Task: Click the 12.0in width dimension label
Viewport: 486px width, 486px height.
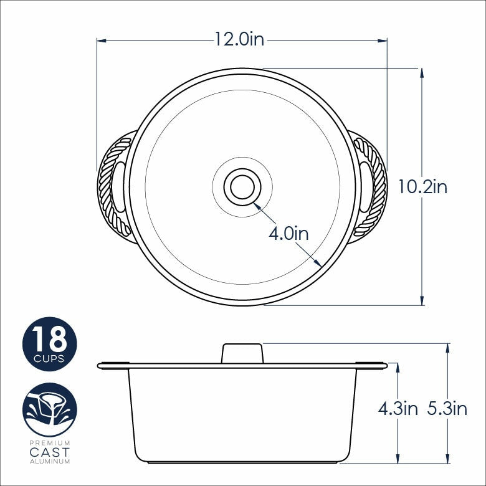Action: tap(240, 40)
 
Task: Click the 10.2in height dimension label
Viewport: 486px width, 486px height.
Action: tap(423, 186)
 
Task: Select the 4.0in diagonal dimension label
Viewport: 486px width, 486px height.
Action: tap(288, 234)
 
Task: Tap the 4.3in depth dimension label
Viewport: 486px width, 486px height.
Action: tap(398, 409)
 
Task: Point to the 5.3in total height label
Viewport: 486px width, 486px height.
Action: tap(447, 409)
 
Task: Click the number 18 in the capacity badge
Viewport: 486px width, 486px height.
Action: tap(50, 340)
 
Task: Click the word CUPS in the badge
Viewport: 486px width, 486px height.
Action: tap(50, 359)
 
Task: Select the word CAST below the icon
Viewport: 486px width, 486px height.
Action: tap(50, 452)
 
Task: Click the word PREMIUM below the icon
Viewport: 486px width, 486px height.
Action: tap(50, 442)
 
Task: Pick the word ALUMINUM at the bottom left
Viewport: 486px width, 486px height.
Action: tap(50, 462)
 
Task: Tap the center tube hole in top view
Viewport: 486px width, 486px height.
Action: tap(242, 186)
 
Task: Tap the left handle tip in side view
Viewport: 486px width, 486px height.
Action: tap(100, 366)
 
